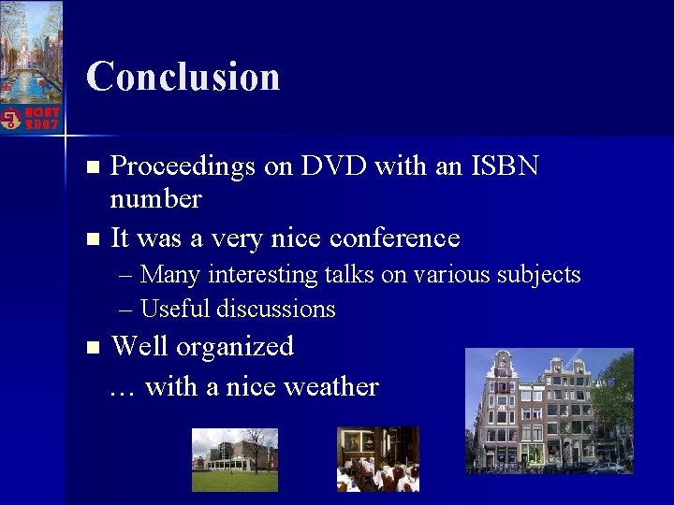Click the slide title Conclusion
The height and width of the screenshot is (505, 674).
pos(183,77)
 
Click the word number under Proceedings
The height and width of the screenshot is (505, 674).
pos(155,199)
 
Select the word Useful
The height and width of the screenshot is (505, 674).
pos(176,309)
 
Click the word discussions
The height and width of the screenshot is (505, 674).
pos(276,309)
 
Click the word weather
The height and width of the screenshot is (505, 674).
pos(334,386)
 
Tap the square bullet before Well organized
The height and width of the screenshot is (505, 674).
pos(91,347)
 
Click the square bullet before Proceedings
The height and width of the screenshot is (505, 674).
pos(91,167)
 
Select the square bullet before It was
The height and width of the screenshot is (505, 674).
pos(91,238)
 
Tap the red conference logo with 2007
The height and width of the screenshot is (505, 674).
pos(31,118)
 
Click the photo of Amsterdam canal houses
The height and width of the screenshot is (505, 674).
pos(549,411)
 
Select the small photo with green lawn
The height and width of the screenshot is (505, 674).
pos(234,459)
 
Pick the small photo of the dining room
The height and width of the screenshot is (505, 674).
pos(377,458)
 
